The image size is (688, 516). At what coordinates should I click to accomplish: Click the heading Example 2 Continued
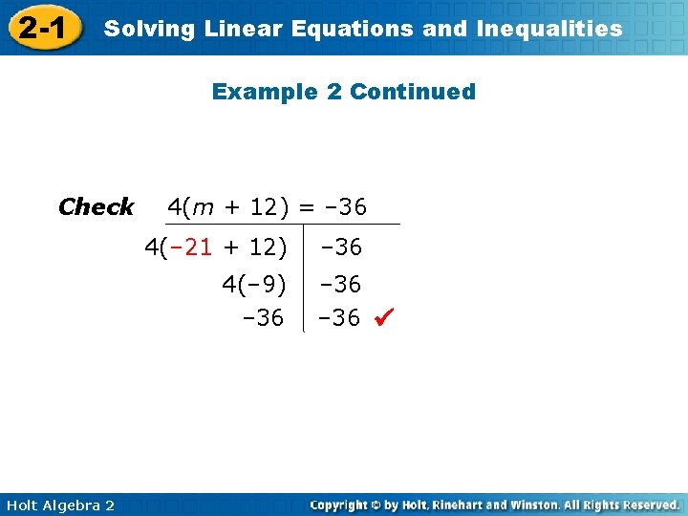pyautogui.click(x=343, y=92)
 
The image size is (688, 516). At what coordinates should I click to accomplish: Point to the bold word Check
pyautogui.click(x=96, y=206)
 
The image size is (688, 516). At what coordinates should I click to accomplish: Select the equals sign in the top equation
pyautogui.click(x=305, y=206)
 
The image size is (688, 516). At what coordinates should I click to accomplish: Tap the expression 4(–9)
pyautogui.click(x=253, y=285)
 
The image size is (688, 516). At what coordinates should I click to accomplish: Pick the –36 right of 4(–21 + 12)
pyautogui.click(x=341, y=247)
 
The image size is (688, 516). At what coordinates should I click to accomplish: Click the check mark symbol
pyautogui.click(x=383, y=317)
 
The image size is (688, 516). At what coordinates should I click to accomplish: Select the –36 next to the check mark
pyautogui.click(x=341, y=317)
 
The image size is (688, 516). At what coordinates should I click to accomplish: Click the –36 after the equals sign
pyautogui.click(x=344, y=206)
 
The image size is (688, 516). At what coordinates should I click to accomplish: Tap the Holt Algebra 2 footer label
pyautogui.click(x=58, y=505)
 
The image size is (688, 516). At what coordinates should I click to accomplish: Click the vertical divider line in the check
pyautogui.click(x=303, y=277)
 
